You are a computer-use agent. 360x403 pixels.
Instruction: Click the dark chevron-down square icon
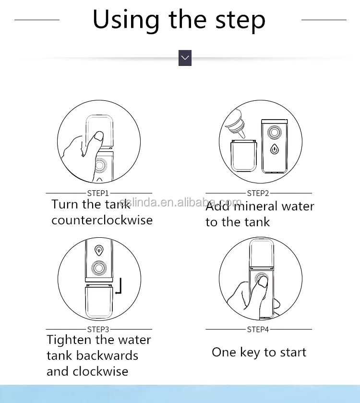click(185, 58)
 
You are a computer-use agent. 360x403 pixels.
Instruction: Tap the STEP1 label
click(98, 193)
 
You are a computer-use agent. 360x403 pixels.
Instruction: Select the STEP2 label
click(258, 193)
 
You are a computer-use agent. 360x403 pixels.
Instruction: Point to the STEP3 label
click(98, 329)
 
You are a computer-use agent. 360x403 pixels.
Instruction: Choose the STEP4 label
click(258, 329)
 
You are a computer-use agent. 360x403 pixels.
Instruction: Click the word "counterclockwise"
click(102, 220)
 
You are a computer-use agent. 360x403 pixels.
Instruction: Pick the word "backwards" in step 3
click(107, 356)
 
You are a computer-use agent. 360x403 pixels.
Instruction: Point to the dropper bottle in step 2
click(235, 123)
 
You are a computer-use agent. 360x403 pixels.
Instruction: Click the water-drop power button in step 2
click(275, 149)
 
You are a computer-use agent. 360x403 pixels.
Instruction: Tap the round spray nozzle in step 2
click(274, 133)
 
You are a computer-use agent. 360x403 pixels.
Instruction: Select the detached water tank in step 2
click(243, 156)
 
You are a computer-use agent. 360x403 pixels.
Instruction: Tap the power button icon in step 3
click(99, 250)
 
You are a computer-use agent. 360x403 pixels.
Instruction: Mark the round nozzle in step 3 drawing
click(99, 268)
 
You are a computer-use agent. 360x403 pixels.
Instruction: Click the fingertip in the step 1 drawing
click(98, 136)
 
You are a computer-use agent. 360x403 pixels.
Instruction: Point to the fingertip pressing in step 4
click(263, 282)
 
